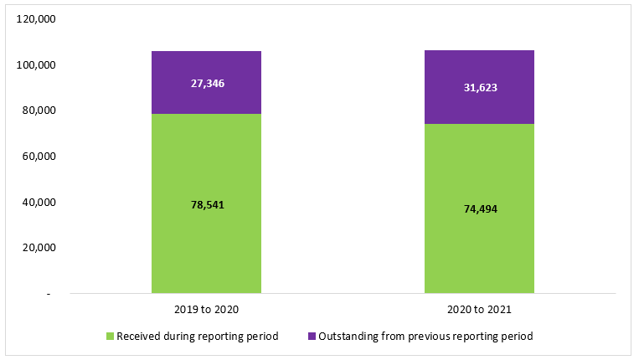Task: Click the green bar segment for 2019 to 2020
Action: click(x=206, y=243)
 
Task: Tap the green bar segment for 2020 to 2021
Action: click(x=479, y=243)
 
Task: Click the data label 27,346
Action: click(x=207, y=84)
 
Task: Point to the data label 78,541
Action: click(x=207, y=204)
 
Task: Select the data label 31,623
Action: click(x=480, y=88)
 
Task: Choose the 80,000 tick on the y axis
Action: click(x=39, y=111)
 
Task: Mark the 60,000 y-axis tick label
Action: click(x=39, y=157)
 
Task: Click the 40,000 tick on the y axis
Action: click(x=39, y=203)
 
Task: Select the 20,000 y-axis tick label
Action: click(x=39, y=248)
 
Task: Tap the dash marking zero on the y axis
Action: click(x=49, y=294)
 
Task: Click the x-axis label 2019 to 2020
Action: click(x=207, y=310)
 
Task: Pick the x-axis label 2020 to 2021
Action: click(x=480, y=310)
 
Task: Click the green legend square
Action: click(x=110, y=337)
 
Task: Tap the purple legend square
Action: click(x=312, y=337)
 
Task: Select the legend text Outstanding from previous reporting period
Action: click(x=425, y=337)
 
